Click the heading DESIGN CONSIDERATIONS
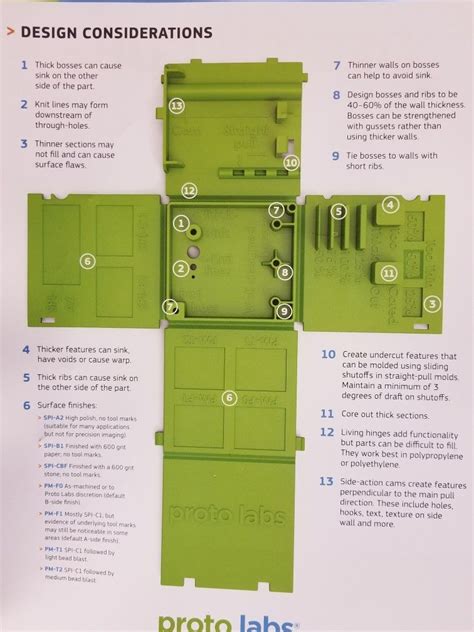117,33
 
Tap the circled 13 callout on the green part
177,105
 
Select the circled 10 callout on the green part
291,161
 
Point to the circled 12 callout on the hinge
188,189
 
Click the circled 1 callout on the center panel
181,223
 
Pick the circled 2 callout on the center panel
180,268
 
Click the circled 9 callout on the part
285,311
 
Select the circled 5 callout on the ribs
338,211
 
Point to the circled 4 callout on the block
390,205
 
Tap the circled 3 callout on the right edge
431,304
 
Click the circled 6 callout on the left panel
88,262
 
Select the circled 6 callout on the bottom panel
229,397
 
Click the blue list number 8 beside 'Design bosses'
337,95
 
